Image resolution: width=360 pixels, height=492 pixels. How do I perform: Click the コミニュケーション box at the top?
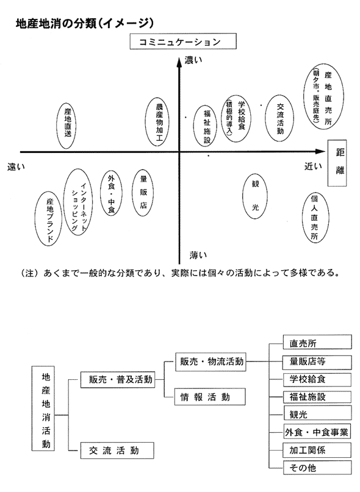coord(183,41)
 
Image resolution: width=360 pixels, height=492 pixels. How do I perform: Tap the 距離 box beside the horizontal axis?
coord(337,163)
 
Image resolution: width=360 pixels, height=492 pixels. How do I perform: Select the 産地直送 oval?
coord(67,126)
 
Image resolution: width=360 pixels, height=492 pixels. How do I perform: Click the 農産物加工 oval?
coord(157,122)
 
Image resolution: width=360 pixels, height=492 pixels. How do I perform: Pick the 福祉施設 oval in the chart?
coord(205,126)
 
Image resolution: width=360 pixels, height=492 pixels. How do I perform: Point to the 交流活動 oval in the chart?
coord(279,118)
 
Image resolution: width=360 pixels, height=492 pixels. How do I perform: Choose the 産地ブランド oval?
coord(49,219)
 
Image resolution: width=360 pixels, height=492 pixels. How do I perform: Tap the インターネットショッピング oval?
coord(77,202)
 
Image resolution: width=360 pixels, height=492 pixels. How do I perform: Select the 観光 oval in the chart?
coord(255,196)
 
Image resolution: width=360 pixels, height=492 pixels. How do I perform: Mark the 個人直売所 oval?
coord(315,218)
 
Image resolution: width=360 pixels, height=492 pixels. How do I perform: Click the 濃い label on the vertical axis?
coord(193,60)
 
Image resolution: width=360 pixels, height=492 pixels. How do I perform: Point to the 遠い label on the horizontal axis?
coord(16,167)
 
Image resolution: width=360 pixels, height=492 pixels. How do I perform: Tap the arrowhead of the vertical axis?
coord(179,62)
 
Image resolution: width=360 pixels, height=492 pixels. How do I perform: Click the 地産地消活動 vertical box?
coord(43,408)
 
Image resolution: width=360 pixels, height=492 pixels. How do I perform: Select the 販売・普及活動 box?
coord(118,380)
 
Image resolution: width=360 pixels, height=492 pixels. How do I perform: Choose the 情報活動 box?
coord(210,397)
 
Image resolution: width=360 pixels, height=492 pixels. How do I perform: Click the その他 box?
coord(317,468)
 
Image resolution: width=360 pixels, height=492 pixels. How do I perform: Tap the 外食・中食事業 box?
coord(317,432)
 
